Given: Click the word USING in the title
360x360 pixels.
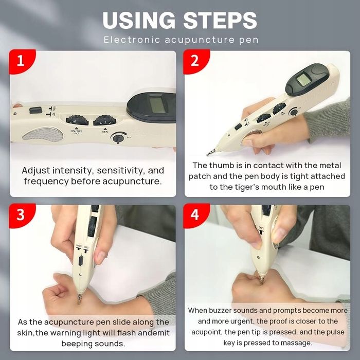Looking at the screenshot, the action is pos(139,20).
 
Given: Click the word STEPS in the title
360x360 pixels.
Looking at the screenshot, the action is pos(220,20).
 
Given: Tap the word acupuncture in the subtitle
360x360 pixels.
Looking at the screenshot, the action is pos(200,40).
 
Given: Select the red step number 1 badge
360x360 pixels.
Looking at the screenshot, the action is pos(22,61).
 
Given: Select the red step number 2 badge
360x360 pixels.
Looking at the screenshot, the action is pos(196,61).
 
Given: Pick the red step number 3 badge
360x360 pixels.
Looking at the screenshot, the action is pos(22,215).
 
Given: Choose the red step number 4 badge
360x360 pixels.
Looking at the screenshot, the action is pos(196,215).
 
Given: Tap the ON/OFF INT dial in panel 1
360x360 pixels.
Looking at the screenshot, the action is pos(77,120).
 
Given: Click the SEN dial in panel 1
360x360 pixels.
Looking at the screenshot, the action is pos(105,120).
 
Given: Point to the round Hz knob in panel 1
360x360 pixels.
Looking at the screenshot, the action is pos(118,138).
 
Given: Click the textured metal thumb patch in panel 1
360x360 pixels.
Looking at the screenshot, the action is pos(43,135).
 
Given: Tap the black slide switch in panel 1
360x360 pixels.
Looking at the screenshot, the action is pos(35,110).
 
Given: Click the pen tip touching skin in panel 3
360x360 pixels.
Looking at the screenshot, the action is pos(79,299).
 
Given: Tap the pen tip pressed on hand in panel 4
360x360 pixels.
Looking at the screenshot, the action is pos(261,279).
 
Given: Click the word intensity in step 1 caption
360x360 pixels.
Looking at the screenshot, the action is pos(73,171).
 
